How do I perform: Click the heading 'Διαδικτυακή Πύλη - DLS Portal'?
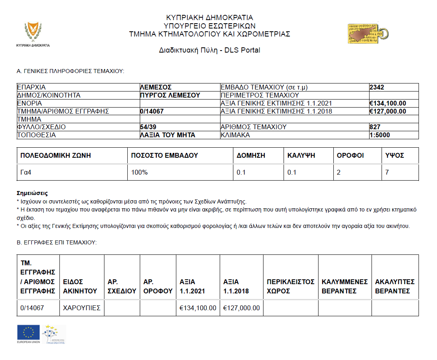pyautogui.click(x=209, y=51)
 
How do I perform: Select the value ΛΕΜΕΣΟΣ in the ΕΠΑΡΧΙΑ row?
pyautogui.click(x=156, y=87)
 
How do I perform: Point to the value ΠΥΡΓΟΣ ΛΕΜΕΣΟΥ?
pyautogui.click(x=170, y=95)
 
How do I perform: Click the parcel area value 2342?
pyautogui.click(x=377, y=87)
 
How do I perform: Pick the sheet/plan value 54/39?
pyautogui.click(x=148, y=127)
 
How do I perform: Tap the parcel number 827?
pyautogui.click(x=375, y=127)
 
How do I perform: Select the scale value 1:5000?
pyautogui.click(x=380, y=135)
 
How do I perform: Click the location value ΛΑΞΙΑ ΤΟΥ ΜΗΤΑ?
pyautogui.click(x=167, y=135)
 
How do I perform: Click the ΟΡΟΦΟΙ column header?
pyautogui.click(x=350, y=155)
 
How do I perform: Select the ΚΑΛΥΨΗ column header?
pyautogui.click(x=301, y=155)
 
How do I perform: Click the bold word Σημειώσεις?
pyautogui.click(x=32, y=193)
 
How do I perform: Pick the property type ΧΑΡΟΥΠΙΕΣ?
pyautogui.click(x=80, y=308)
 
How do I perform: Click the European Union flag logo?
pyautogui.click(x=28, y=332)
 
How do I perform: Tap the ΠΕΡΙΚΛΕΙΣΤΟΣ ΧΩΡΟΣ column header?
pyautogui.click(x=290, y=286)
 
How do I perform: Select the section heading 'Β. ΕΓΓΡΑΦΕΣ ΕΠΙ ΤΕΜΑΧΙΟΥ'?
pyautogui.click(x=57, y=242)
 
